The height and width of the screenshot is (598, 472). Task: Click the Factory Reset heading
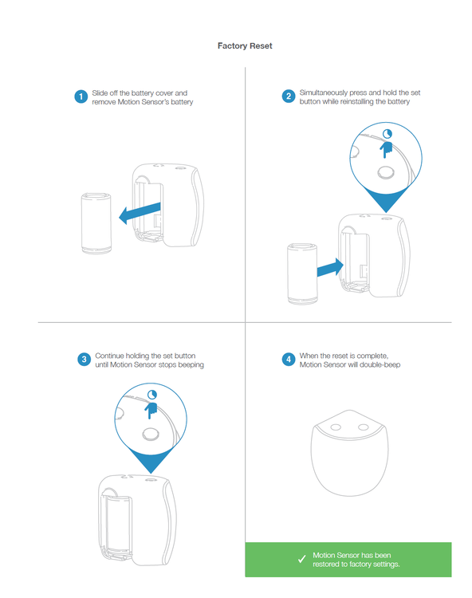[245, 45]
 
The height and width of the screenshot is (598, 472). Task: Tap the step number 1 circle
[81, 96]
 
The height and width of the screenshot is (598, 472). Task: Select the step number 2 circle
[289, 96]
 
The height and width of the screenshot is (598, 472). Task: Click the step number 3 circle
[84, 360]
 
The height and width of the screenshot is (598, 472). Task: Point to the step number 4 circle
[289, 360]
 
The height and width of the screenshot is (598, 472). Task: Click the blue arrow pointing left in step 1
[140, 214]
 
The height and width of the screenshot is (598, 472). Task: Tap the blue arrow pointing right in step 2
[330, 267]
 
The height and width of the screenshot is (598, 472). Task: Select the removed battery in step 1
[96, 223]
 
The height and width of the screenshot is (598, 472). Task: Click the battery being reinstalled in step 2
[302, 273]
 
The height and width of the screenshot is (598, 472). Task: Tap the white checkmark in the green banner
[302, 559]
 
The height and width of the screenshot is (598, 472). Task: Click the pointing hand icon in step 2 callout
[386, 150]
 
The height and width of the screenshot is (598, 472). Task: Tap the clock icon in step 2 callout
[387, 133]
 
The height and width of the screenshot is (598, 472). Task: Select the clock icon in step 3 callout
[152, 395]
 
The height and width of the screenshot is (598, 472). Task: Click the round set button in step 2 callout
[386, 173]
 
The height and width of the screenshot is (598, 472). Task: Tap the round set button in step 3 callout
[151, 434]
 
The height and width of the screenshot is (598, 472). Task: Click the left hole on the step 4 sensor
[336, 427]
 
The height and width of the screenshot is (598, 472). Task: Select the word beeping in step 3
[191, 365]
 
